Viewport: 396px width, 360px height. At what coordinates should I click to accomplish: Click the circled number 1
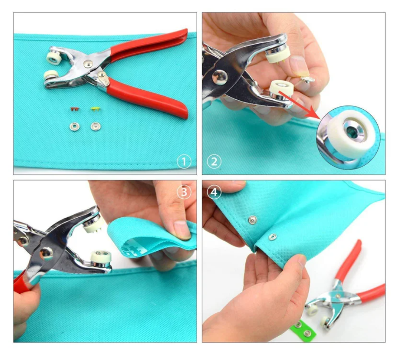point(184,162)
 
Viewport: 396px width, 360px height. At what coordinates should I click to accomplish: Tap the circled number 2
point(214,162)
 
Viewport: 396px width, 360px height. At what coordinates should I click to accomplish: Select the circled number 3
point(184,192)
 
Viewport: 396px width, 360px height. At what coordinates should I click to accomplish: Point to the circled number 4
point(214,192)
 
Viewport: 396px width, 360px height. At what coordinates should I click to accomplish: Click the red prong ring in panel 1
point(75,109)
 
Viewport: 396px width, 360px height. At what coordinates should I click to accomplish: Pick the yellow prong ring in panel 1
point(95,109)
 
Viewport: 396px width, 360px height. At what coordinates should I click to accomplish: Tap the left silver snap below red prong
point(74,126)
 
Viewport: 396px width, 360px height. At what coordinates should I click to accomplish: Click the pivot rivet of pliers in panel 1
point(88,63)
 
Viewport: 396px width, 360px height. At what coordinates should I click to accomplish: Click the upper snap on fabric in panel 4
point(253,220)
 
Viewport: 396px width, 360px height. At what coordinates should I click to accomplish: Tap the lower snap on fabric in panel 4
point(272,237)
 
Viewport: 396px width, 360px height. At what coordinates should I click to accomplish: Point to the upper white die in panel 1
point(54,57)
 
